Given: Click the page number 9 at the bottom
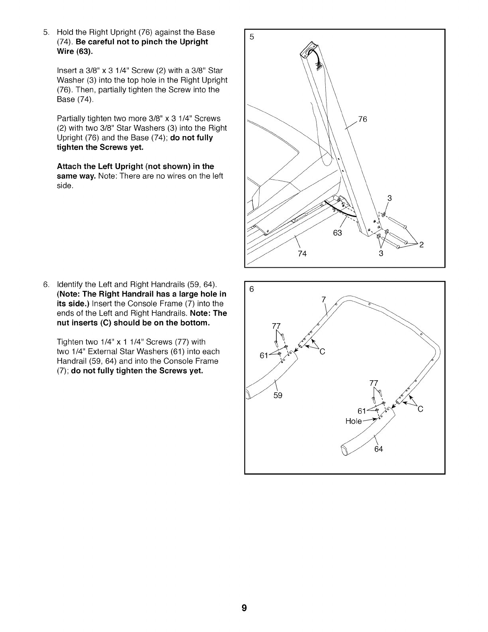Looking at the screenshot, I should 244,608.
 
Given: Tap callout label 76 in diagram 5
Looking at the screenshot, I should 362,119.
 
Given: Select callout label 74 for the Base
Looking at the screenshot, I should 302,254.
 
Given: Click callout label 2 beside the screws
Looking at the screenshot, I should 421,245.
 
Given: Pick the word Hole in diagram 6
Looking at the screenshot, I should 353,421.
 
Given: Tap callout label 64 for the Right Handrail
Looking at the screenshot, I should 378,449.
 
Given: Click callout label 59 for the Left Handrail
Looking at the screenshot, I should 278,395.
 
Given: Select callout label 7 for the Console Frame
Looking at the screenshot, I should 324,300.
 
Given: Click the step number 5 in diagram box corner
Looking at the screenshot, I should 251,37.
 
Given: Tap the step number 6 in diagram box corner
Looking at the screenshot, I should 251,289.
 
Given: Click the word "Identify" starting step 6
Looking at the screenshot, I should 70,284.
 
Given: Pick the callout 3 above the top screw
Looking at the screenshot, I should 390,198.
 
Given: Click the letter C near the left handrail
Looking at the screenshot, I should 323,352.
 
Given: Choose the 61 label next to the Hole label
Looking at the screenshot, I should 362,411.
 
